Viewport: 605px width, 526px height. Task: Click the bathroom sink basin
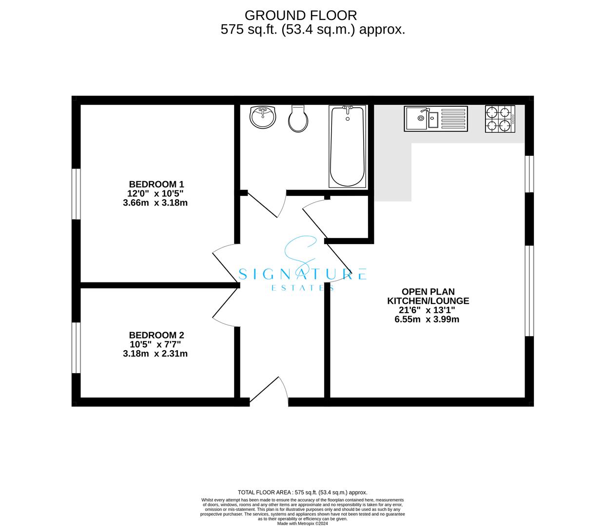point(263,117)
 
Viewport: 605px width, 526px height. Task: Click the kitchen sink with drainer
point(436,119)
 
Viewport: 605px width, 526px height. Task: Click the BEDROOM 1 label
point(156,184)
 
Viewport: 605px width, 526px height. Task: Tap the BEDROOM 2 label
point(156,335)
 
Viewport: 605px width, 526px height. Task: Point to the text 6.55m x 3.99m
point(428,319)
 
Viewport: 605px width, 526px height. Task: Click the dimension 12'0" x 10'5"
point(156,193)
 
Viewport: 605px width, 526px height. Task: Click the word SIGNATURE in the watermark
point(302,275)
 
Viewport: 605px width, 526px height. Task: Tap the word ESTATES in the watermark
point(302,288)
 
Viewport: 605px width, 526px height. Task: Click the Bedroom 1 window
point(76,194)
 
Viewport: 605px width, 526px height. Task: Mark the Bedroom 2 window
point(76,348)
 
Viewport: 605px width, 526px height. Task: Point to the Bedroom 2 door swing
point(224,307)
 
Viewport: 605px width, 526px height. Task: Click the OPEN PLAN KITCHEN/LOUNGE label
point(428,297)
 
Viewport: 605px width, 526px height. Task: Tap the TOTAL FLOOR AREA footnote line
point(302,492)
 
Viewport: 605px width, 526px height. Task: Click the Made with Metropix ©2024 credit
point(302,524)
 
